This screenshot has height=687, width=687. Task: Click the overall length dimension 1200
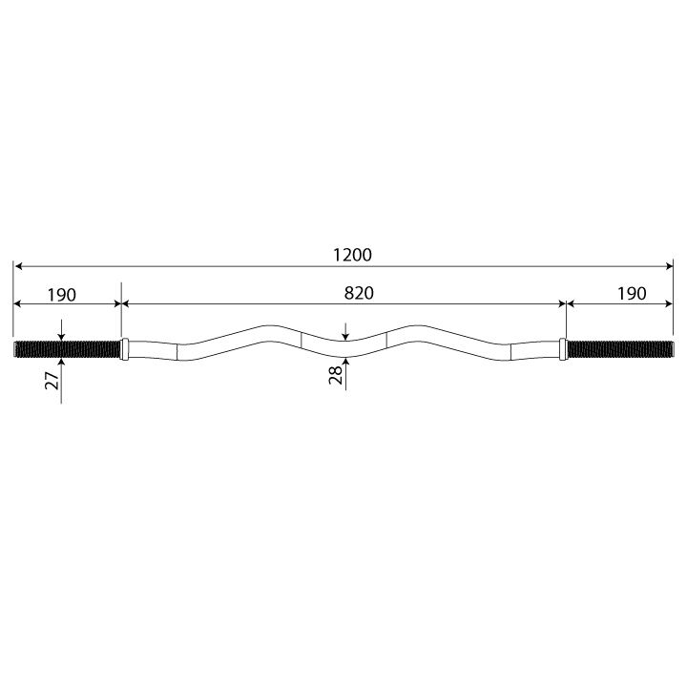pos(353,255)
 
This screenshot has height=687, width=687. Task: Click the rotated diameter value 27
pos(53,380)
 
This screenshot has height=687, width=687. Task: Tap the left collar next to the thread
pos(125,349)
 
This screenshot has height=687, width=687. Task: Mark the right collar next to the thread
pos(563,349)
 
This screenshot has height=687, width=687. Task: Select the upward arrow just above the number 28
pos(346,362)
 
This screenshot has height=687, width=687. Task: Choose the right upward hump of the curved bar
pos(421,328)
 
